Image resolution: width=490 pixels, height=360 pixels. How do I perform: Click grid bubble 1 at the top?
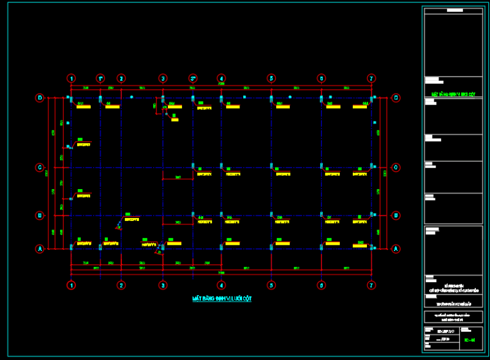click(72, 78)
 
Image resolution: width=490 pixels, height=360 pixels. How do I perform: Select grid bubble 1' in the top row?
click(100, 78)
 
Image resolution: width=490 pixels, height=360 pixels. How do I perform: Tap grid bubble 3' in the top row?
click(192, 78)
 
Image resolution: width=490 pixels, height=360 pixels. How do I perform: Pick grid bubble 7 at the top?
click(371, 78)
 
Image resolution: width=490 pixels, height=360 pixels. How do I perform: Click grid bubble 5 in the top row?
click(271, 78)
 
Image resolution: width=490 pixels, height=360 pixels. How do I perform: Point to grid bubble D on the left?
click(40, 97)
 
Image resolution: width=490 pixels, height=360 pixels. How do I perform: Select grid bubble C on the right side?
click(396, 167)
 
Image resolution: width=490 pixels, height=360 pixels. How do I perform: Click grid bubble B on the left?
click(40, 216)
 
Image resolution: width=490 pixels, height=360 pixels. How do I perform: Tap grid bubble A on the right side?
click(396, 249)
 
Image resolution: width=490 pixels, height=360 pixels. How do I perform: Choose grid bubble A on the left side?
click(40, 249)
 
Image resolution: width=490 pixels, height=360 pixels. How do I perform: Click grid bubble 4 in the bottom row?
click(221, 285)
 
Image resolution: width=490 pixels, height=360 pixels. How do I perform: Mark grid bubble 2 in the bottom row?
click(121, 285)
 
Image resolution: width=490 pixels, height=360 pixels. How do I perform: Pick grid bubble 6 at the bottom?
click(321, 285)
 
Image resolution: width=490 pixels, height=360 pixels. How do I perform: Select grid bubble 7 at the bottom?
click(371, 285)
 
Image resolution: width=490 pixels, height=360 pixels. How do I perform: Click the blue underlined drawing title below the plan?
click(222, 299)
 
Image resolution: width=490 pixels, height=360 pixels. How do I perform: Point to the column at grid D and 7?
click(371, 98)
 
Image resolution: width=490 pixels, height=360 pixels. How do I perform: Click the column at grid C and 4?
click(221, 167)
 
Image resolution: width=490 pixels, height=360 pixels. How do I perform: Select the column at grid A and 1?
click(72, 247)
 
